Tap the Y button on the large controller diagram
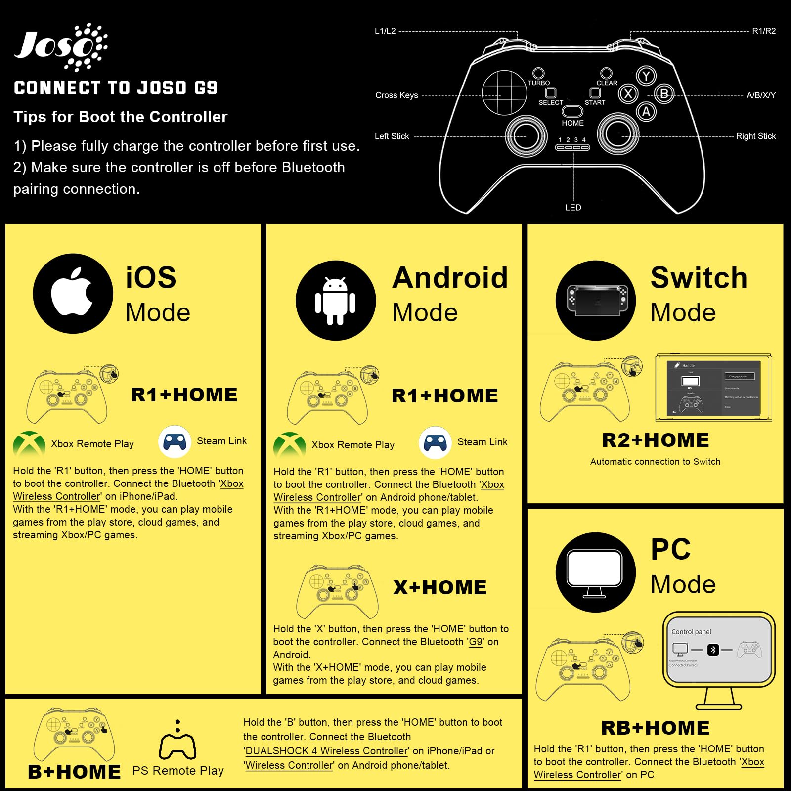(x=646, y=76)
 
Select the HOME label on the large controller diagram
(x=572, y=123)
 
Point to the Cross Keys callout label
(x=396, y=95)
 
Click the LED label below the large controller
(x=573, y=208)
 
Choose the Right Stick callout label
(x=755, y=136)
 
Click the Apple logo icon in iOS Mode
(x=73, y=293)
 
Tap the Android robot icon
(x=335, y=301)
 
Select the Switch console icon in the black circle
(x=596, y=300)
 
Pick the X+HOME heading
(x=439, y=588)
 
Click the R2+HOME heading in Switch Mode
(x=656, y=440)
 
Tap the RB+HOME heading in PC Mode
(x=656, y=728)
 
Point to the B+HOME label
(x=74, y=772)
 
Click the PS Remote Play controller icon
(x=178, y=746)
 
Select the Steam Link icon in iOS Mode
(x=175, y=441)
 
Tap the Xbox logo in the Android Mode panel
(x=289, y=444)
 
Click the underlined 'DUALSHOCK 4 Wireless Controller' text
(x=327, y=751)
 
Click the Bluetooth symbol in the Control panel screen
(x=712, y=650)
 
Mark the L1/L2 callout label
(x=385, y=31)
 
